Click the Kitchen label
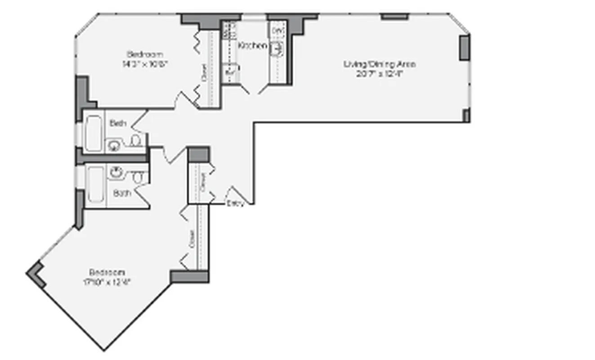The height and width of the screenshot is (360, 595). tap(252, 46)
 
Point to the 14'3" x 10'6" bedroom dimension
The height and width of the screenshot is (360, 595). tap(144, 64)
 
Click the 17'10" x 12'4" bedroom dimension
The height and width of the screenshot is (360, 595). tap(107, 283)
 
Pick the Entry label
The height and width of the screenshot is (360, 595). tap(235, 203)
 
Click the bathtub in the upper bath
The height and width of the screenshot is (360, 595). tap(94, 133)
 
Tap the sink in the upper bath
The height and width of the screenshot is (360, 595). tap(113, 145)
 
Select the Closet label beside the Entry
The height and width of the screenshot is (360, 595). tap(203, 182)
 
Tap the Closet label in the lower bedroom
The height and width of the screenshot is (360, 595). tap(192, 240)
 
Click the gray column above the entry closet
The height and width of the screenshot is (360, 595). tap(198, 153)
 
